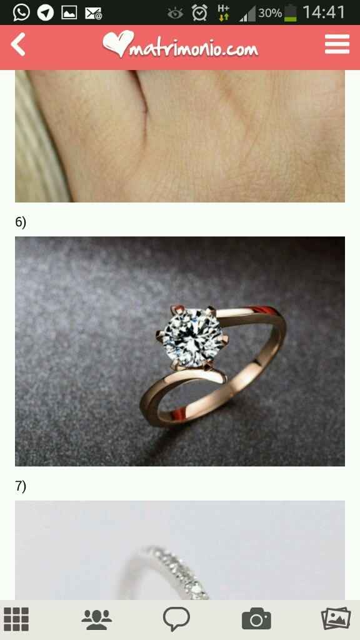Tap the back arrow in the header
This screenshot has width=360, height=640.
[18, 44]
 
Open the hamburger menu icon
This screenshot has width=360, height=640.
[337, 44]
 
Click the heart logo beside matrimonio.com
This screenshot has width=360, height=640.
[118, 44]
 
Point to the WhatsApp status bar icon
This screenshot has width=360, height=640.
[21, 12]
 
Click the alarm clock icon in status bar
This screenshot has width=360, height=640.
[199, 12]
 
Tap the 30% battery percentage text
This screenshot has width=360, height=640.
[270, 13]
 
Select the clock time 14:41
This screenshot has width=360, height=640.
[324, 12]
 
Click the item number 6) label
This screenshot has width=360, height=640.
[21, 222]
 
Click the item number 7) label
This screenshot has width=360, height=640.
[21, 486]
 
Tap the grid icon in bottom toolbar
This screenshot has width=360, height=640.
[16, 619]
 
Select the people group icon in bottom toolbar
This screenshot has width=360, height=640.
[96, 619]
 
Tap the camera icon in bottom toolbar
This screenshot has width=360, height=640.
[256, 619]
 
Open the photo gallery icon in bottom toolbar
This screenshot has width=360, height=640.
[336, 619]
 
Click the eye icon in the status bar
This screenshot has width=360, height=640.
[175, 14]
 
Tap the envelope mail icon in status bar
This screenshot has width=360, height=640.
[94, 14]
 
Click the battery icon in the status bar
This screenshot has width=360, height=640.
[291, 13]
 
